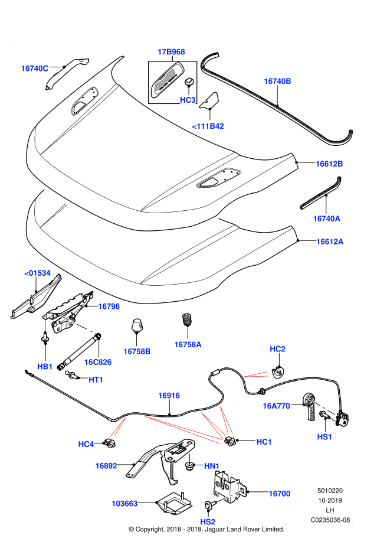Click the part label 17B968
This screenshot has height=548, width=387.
pyautogui.click(x=171, y=52)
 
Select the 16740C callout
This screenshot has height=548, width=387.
pyautogui.click(x=35, y=68)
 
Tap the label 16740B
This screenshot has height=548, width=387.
pyautogui.click(x=277, y=81)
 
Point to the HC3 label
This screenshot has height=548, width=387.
pyautogui.click(x=188, y=100)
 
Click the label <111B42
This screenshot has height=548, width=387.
pyautogui.click(x=208, y=126)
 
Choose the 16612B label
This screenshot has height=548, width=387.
pyautogui.click(x=329, y=164)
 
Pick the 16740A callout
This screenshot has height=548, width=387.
pyautogui.click(x=326, y=218)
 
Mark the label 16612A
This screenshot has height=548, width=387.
pyautogui.click(x=330, y=242)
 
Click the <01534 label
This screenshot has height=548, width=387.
pyautogui.click(x=37, y=273)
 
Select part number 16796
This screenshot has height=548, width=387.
pyautogui.click(x=109, y=306)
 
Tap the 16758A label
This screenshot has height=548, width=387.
pyautogui.click(x=188, y=344)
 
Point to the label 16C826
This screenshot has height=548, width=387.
pyautogui.click(x=98, y=362)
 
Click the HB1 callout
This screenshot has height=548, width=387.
pyautogui.click(x=45, y=367)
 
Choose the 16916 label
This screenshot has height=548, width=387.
pyautogui.click(x=169, y=396)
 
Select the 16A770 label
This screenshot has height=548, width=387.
pyautogui.click(x=276, y=406)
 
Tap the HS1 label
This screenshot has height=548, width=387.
pyautogui.click(x=324, y=437)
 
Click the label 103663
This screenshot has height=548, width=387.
pyautogui.click(x=124, y=504)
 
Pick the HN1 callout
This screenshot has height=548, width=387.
pyautogui.click(x=212, y=466)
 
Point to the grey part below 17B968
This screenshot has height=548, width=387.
pyautogui.click(x=165, y=80)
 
